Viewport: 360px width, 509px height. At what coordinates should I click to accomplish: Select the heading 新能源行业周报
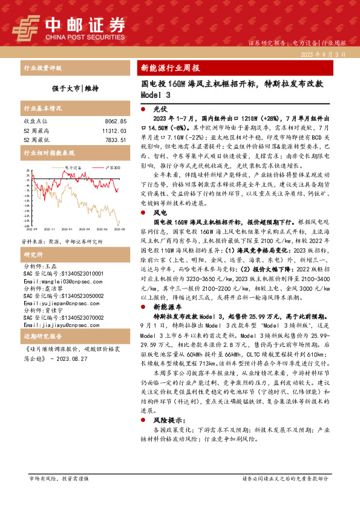[x=170, y=68]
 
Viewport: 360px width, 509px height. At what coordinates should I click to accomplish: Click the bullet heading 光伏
[x=160, y=110]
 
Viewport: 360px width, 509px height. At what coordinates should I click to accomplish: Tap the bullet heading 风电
[x=160, y=213]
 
